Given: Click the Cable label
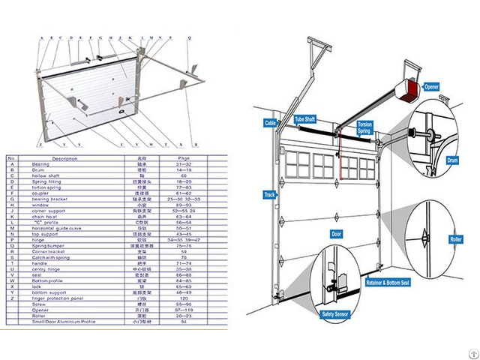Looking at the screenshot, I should pos(271,122).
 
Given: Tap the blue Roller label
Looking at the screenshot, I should pos(454,239).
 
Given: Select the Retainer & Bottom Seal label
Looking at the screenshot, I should pos(388,283).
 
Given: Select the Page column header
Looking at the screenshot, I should pos(184,158).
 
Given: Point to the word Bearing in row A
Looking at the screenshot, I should pos(41,163).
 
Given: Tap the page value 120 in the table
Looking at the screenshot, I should pos(184,298).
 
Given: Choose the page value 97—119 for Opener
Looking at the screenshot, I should pos(184,309).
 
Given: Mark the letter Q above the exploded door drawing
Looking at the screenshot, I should pos(189,37).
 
